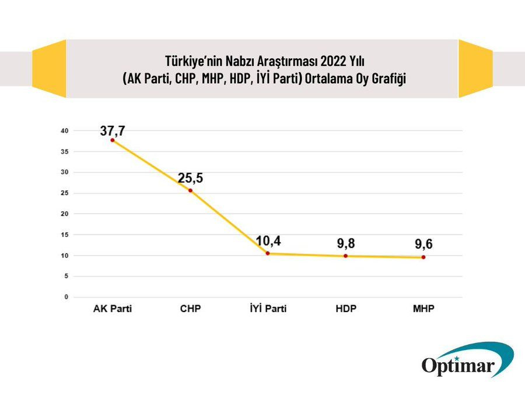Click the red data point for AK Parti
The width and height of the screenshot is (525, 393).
point(112,140)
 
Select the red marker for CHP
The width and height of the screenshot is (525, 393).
point(190,190)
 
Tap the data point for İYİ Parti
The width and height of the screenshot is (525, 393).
point(268,253)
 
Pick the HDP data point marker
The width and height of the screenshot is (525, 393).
point(345,256)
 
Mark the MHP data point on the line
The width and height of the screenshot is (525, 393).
point(423,257)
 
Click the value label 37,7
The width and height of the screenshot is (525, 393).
point(112,130)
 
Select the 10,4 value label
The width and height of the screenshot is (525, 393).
point(268,240)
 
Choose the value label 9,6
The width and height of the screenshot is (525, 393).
point(423,245)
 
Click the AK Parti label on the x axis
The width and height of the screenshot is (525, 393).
point(113,309)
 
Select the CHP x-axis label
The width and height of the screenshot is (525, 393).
point(190,309)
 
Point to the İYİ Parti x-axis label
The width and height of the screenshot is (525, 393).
point(268,309)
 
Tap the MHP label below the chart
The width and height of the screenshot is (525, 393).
point(423,309)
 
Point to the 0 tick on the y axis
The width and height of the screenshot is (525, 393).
point(66,297)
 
